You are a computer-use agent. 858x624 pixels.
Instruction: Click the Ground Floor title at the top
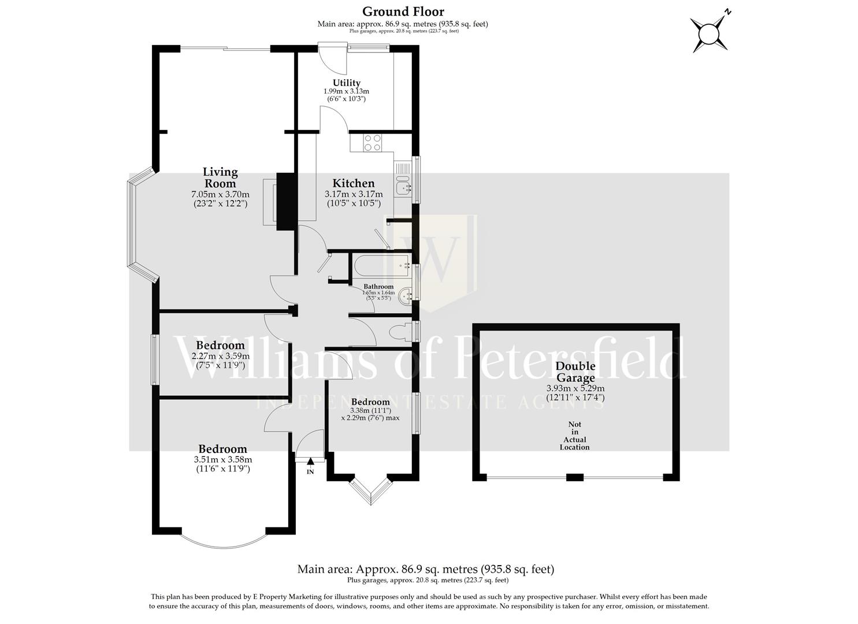click(403, 12)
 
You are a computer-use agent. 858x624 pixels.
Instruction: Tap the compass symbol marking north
click(710, 33)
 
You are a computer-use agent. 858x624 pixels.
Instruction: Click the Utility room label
click(346, 83)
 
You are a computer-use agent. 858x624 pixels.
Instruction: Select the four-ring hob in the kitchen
click(372, 142)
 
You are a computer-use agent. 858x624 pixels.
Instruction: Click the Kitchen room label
click(353, 183)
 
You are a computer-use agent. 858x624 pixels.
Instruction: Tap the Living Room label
click(220, 177)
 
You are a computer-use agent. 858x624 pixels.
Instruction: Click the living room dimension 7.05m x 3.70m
click(220, 195)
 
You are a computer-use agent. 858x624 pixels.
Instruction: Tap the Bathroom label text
click(378, 287)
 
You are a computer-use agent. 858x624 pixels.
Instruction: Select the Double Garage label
click(575, 372)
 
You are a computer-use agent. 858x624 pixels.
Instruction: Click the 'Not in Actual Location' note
click(574, 436)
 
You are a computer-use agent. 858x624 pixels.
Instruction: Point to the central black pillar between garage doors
click(574, 477)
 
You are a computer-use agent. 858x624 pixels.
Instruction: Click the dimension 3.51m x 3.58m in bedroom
click(223, 460)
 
